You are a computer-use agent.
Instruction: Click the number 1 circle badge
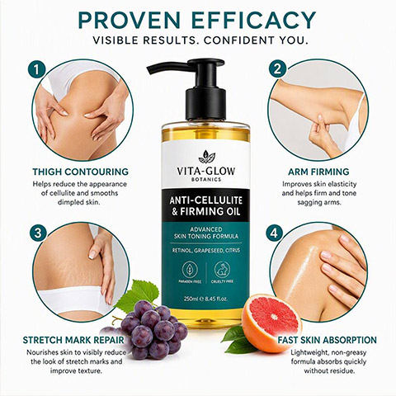click(x=37, y=70)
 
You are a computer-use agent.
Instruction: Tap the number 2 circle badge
click(x=278, y=68)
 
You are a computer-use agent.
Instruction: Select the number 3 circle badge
click(x=38, y=233)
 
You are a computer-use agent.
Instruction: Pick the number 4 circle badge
click(x=275, y=233)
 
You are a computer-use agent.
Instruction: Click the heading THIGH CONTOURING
click(x=81, y=172)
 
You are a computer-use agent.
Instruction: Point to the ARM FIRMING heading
click(x=318, y=172)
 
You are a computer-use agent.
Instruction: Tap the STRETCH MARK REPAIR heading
click(x=73, y=340)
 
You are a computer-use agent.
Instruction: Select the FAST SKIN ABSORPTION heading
click(x=327, y=340)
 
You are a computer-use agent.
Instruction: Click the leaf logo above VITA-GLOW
click(x=206, y=157)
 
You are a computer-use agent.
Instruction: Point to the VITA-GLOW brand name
click(x=206, y=171)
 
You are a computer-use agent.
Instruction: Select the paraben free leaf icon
click(x=190, y=270)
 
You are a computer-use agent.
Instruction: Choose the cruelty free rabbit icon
click(x=222, y=270)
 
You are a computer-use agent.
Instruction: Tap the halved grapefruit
click(x=271, y=322)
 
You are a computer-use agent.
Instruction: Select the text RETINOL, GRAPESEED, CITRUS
click(x=206, y=250)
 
